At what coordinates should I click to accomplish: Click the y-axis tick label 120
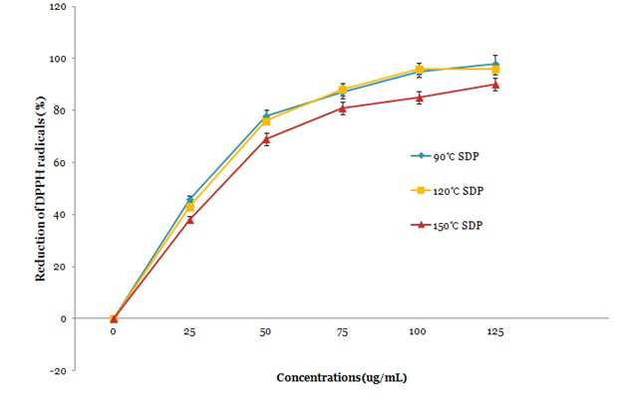tap(58, 7)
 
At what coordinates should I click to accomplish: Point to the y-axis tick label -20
tap(58, 370)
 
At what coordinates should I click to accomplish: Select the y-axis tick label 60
tap(60, 162)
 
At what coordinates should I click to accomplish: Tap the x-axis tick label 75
tap(342, 331)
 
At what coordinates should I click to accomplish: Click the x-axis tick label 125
tap(495, 331)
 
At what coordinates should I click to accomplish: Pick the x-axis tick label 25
tap(189, 331)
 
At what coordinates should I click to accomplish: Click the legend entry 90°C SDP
tap(446, 156)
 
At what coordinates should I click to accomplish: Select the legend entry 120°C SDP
tap(448, 191)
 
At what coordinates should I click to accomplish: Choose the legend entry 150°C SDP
tap(447, 226)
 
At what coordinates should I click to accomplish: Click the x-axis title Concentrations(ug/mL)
tap(342, 378)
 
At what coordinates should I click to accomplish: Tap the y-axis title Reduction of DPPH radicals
tap(40, 189)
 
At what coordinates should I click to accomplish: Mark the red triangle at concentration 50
tap(266, 139)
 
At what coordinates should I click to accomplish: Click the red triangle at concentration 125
tap(495, 85)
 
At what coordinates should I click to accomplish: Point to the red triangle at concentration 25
tap(190, 219)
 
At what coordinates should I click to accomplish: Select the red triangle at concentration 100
tap(420, 98)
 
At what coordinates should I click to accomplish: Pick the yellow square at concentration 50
tap(266, 121)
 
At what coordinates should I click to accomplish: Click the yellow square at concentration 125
tap(495, 70)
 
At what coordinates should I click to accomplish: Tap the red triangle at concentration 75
tap(343, 108)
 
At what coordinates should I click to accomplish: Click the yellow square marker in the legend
tap(422, 191)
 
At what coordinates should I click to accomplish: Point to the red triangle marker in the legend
tap(422, 225)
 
